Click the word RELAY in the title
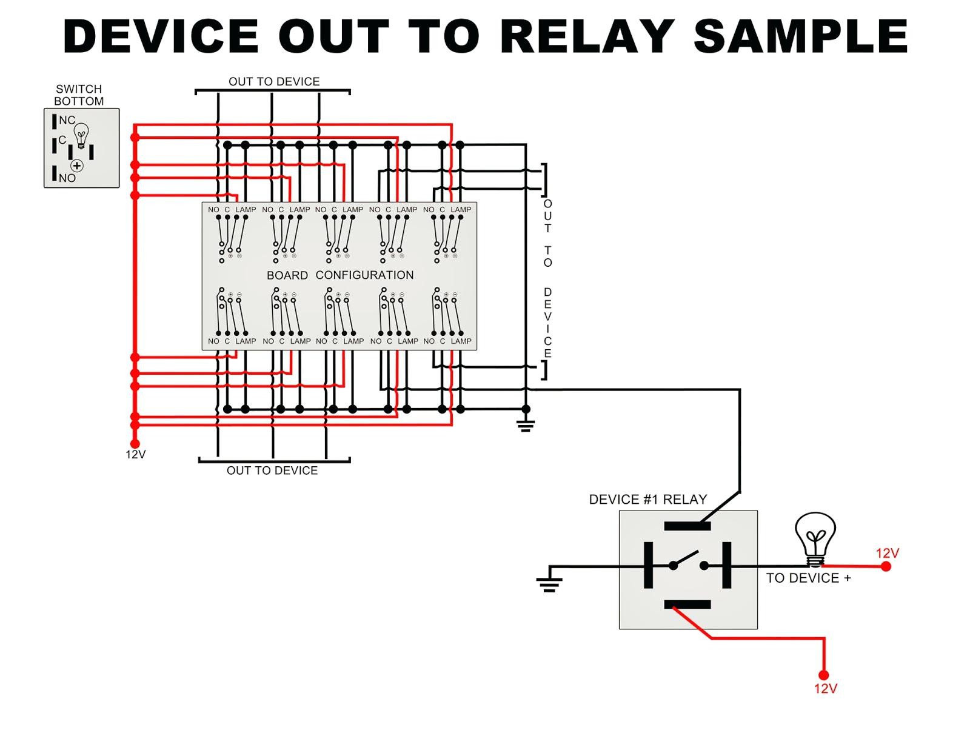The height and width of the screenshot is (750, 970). tap(587, 36)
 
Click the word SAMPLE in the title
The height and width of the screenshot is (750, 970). tap(800, 36)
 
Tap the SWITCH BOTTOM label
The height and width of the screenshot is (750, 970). tap(79, 95)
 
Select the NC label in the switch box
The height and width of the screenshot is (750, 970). tap(67, 120)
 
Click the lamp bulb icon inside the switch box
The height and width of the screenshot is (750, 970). tap(81, 135)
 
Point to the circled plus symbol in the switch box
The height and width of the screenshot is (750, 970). tap(77, 166)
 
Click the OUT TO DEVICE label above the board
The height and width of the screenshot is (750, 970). tap(274, 82)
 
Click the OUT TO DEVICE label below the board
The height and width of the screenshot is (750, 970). tap(272, 470)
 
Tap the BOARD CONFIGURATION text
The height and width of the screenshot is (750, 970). tap(340, 275)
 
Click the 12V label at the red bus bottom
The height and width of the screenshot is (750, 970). tap(136, 455)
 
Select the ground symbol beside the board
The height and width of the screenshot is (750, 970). tap(526, 426)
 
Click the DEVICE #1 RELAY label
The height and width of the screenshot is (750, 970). tap(648, 500)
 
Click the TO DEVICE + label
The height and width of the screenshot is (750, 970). tap(808, 578)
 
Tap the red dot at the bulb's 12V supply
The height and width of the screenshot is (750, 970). tap(886, 566)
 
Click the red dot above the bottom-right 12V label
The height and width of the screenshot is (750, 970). tap(824, 675)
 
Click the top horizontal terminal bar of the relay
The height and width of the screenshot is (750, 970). tap(687, 526)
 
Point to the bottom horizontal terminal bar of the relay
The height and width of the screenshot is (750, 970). tap(687, 605)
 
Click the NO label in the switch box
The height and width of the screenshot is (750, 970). tap(67, 178)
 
